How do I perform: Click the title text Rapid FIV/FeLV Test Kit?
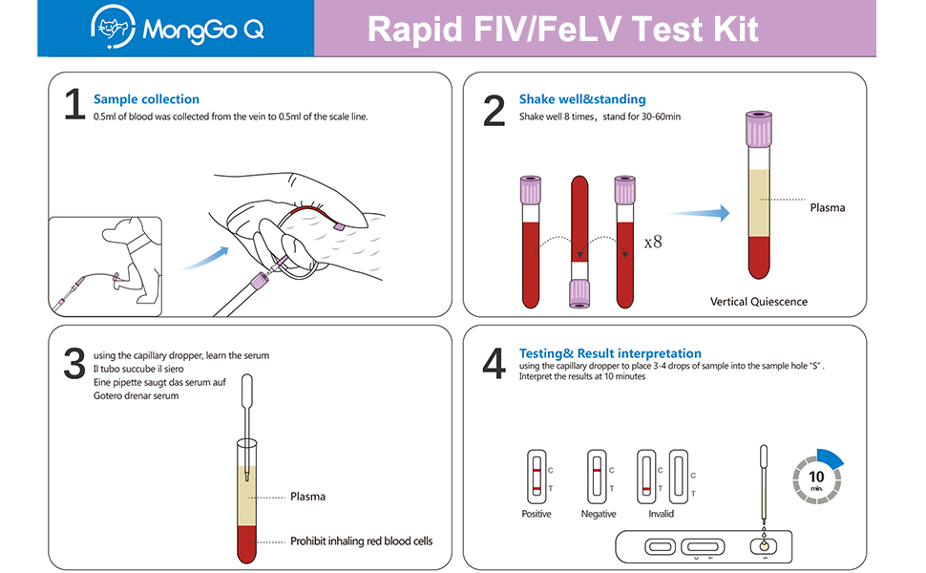563,29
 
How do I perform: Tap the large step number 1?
74,106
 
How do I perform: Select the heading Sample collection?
146,99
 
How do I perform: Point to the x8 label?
653,242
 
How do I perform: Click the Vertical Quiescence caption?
758,302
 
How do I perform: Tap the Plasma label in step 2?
827,207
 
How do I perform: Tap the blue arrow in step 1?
205,256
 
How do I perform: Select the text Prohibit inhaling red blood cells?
361,541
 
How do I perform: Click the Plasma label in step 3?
307,497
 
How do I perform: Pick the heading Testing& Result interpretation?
610,353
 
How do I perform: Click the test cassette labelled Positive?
537,476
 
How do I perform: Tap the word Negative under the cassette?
599,514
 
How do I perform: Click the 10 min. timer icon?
817,477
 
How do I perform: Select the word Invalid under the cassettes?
661,514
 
